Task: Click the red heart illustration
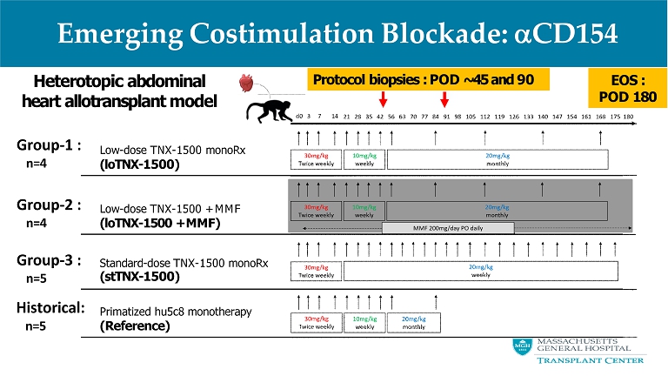pos(249,85)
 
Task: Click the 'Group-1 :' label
pos(49,144)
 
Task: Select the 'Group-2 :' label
pos(49,205)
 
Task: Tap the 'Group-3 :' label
pos(49,259)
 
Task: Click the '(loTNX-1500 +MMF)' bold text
pos(161,223)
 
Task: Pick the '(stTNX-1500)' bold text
pos(140,277)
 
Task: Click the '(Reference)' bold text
pos(136,326)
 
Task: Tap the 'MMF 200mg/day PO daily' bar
pos(448,227)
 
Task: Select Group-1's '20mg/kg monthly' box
pos(497,159)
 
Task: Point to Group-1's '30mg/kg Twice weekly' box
pos(316,159)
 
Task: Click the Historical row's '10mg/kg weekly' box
pos(364,323)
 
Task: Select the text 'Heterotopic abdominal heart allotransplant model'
pos(120,91)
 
